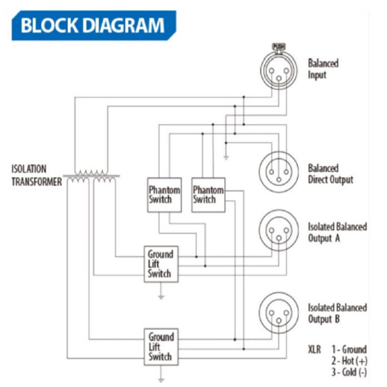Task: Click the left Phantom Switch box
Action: pos(164,194)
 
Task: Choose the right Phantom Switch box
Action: pos(208,194)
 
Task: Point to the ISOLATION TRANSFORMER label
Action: pos(36,176)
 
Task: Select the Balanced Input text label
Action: pos(323,69)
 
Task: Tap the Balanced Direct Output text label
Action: pos(330,174)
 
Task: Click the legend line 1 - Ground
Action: pos(349,349)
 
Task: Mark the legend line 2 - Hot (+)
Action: pos(348,361)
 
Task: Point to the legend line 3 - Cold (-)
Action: pos(349,372)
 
